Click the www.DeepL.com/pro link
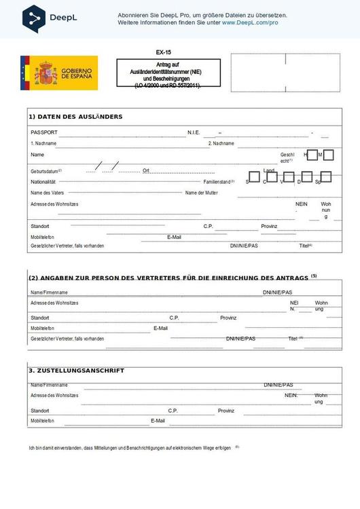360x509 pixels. coord(250,22)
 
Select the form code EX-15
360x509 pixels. coord(163,52)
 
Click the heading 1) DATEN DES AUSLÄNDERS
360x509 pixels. coord(75,117)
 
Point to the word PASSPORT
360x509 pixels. coord(44,132)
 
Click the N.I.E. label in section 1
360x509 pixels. coord(194,132)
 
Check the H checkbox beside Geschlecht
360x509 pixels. coord(312,155)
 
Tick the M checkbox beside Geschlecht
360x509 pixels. coord(328,155)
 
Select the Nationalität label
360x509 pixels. coord(43,182)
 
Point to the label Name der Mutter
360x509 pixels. coord(202,193)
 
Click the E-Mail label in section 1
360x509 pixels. coord(174,237)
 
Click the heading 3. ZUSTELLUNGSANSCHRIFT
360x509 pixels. coord(76,371)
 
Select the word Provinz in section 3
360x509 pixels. coord(226,411)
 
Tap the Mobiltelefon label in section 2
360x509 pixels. coord(42,328)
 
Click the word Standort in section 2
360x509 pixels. coord(40,318)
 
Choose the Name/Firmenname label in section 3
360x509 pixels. coord(49,385)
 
